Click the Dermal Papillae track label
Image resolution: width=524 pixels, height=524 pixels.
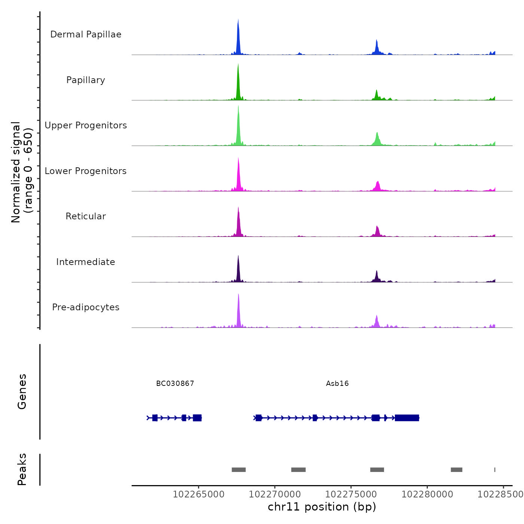tap(86, 34)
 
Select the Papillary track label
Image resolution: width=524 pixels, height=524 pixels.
tap(86, 80)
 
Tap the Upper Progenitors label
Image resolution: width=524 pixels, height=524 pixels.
tap(86, 125)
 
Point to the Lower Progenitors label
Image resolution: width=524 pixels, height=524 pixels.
tap(86, 171)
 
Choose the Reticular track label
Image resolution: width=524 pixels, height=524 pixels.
tap(86, 216)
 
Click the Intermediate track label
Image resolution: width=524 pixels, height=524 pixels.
tap(86, 262)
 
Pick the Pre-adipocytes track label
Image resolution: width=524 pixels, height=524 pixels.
tap(86, 307)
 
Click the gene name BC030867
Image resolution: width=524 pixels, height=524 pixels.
tap(175, 383)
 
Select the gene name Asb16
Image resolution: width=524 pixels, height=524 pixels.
tap(337, 383)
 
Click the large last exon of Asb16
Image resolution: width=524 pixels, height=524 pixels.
tap(407, 418)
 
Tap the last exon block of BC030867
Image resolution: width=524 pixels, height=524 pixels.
tap(197, 418)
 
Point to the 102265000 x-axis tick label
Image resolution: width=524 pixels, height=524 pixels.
tap(199, 494)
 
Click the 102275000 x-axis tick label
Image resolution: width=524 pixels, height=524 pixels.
tap(351, 494)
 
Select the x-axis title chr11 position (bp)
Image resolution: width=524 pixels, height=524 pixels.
tap(322, 507)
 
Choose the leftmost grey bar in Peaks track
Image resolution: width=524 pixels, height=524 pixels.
tap(238, 470)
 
